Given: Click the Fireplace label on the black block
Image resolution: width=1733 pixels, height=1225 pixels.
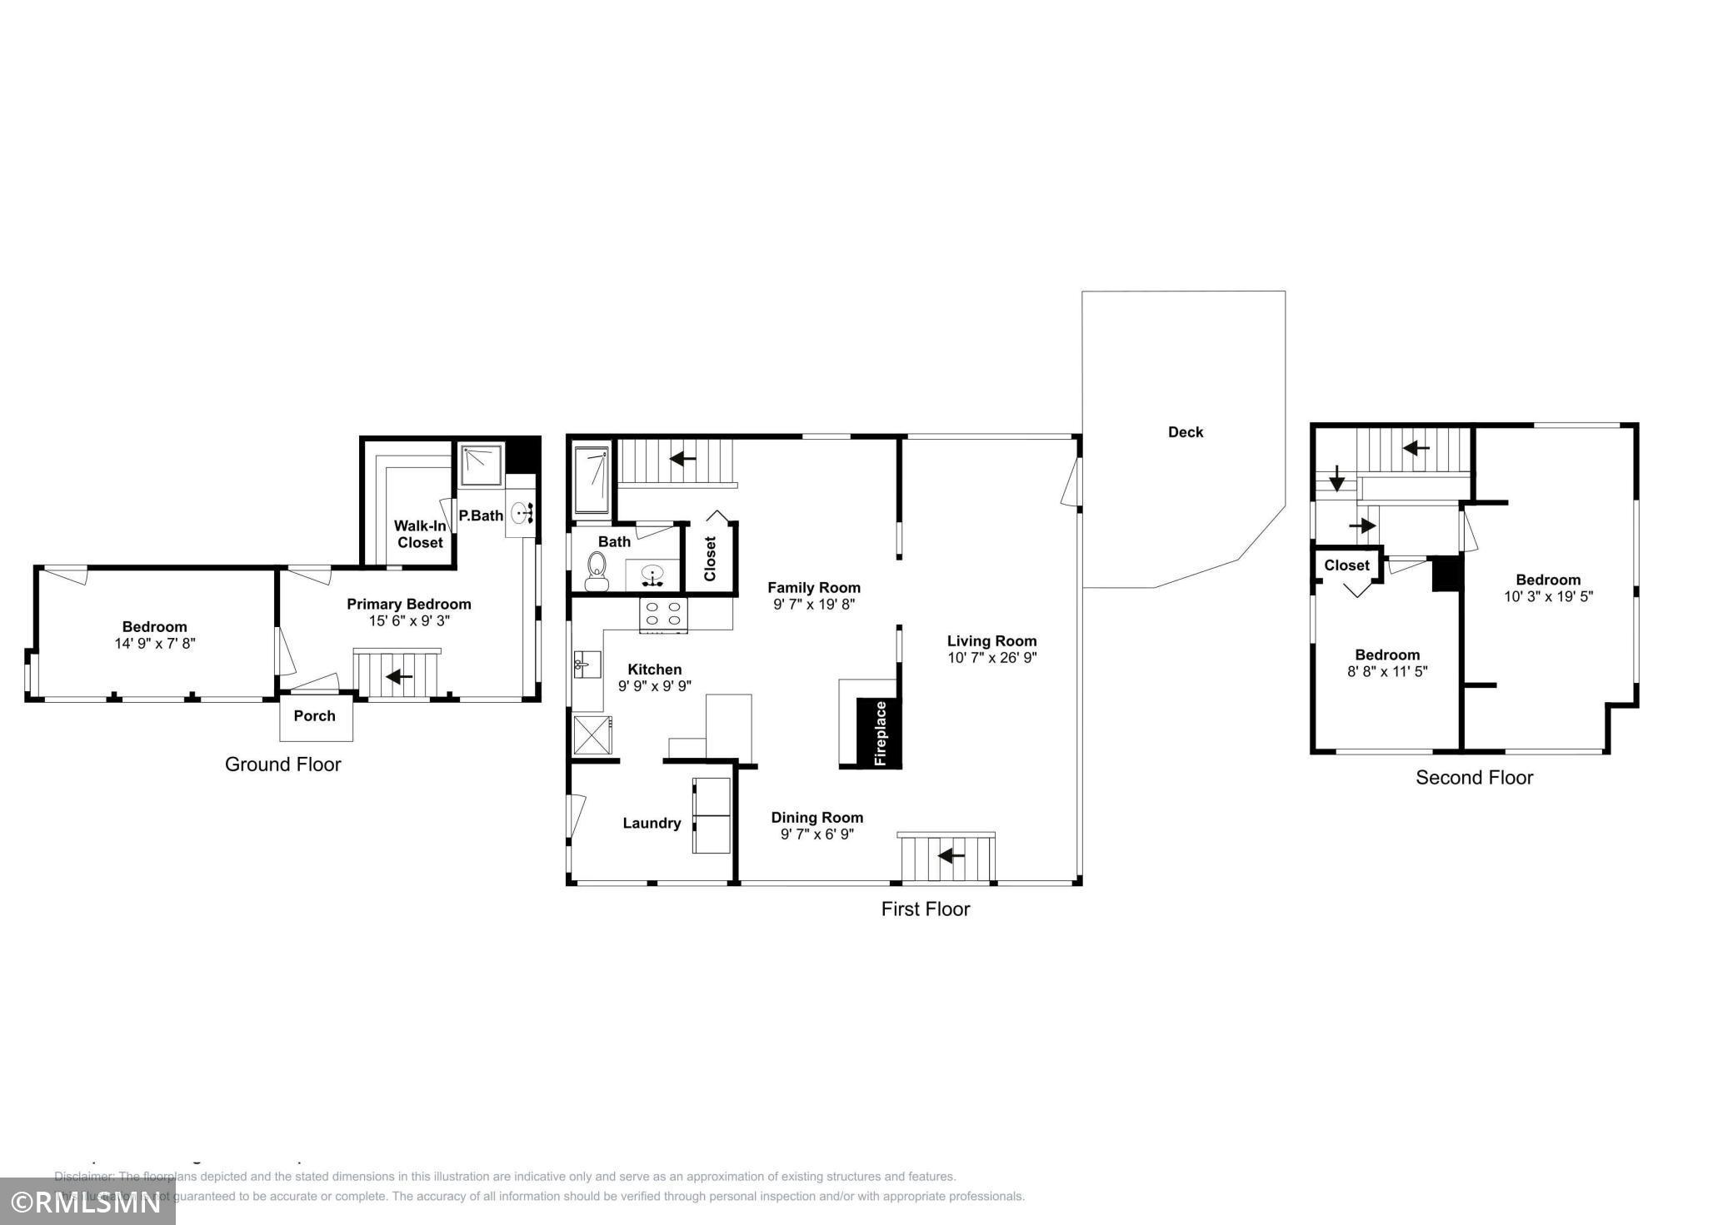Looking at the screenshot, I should click(880, 733).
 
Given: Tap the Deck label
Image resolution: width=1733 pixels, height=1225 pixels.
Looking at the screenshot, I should click(1185, 432).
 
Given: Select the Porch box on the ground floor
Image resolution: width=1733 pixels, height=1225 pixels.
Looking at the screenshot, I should click(315, 716).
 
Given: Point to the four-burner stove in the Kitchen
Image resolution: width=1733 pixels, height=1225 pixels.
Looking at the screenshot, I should click(663, 615).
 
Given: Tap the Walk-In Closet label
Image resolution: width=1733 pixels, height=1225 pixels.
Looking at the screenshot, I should click(420, 535).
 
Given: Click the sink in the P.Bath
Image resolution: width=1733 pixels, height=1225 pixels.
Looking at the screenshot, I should click(522, 513).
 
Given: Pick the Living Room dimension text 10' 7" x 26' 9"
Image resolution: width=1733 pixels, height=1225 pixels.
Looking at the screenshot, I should click(991, 658).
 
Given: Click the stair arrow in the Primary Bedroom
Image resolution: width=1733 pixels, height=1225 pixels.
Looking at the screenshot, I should click(398, 676).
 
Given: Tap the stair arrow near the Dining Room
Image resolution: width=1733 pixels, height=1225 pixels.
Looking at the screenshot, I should click(951, 855).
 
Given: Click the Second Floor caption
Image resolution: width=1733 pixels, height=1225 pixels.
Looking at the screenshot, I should click(1474, 778).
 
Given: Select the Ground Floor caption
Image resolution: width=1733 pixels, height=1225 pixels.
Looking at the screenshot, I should click(282, 764).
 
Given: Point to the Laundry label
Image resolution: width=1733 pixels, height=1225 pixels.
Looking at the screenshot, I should click(652, 824).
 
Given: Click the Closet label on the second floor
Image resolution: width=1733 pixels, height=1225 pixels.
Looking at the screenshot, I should click(1346, 565).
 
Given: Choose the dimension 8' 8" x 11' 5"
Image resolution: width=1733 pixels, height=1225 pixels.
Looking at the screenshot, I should click(1387, 671).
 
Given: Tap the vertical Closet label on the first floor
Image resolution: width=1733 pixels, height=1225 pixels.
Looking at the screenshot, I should click(710, 559).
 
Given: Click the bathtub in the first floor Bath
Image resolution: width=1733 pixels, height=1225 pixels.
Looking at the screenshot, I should click(592, 481).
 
